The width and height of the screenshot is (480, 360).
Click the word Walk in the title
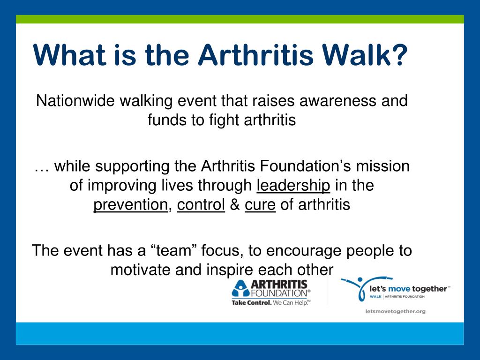pos(356,55)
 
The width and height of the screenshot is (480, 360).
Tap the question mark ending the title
pos(399,55)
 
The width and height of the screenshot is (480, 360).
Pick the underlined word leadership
pos(293,186)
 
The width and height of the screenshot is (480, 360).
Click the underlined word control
pos(201,204)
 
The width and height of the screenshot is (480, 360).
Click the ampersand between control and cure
pos(235,204)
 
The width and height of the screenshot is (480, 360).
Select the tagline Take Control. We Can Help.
pos(271,303)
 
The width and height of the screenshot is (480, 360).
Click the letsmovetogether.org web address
pos(396,311)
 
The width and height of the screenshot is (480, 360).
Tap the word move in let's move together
pos(399,289)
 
